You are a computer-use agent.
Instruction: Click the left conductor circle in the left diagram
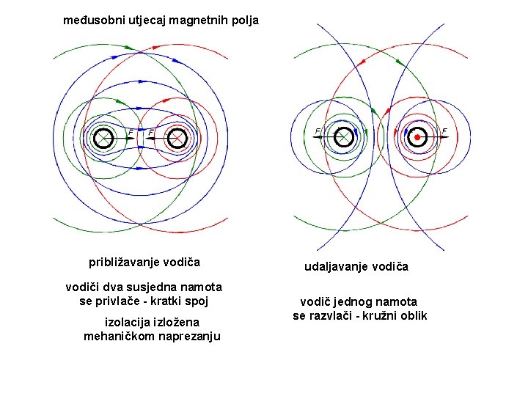[x=103, y=137]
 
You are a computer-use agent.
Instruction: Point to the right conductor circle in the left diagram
[x=177, y=137]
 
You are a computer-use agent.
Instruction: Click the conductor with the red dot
[x=417, y=137]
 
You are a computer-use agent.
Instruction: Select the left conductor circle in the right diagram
[x=342, y=137]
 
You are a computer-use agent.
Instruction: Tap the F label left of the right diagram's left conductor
[x=318, y=132]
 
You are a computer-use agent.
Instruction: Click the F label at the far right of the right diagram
[x=444, y=132]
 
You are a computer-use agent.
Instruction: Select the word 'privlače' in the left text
[x=124, y=301]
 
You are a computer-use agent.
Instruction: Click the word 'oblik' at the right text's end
[x=413, y=315]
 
